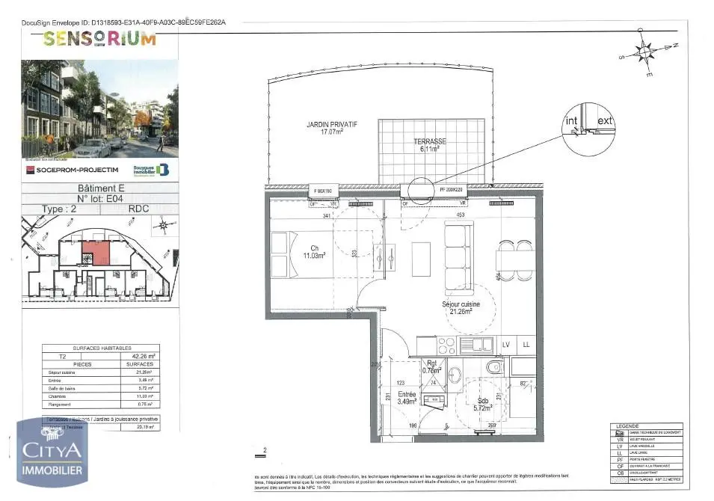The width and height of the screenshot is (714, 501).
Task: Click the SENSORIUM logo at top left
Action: pyautogui.click(x=99, y=40)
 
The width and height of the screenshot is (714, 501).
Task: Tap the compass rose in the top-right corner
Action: pyautogui.click(x=645, y=52)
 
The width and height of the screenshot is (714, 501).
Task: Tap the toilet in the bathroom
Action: pyautogui.click(x=494, y=368)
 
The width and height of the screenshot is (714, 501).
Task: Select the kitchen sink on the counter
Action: pyautogui.click(x=478, y=345)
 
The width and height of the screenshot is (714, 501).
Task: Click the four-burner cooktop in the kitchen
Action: pyautogui.click(x=447, y=345)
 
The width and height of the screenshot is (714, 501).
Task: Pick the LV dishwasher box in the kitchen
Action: pyautogui.click(x=506, y=344)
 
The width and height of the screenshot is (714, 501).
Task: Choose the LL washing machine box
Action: pyautogui.click(x=526, y=344)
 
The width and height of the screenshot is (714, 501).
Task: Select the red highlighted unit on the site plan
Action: pyautogui.click(x=96, y=252)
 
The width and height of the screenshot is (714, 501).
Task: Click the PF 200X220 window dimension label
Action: pyautogui.click(x=451, y=191)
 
